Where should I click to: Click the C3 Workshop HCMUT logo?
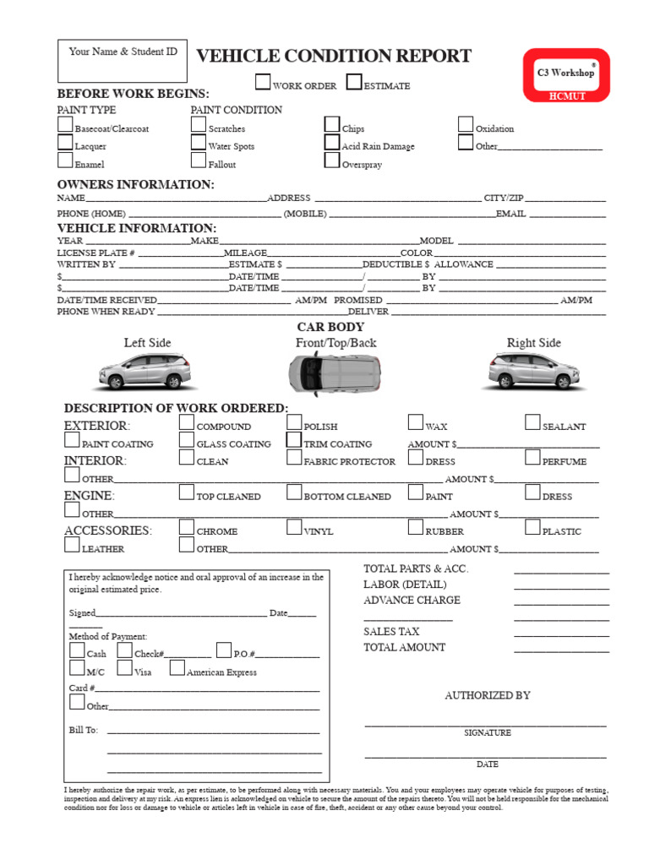coord(565,75)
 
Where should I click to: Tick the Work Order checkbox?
coord(264,82)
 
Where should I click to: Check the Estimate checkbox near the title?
coord(354,82)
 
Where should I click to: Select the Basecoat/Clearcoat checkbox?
coord(65,125)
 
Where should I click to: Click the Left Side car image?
coord(145,370)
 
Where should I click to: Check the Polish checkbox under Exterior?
coord(294,422)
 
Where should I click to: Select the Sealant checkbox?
coord(532,422)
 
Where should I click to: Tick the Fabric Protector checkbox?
coord(294,458)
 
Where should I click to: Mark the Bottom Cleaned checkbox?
coord(294,492)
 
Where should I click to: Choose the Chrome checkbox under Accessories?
coord(187,527)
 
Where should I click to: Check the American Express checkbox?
coord(177,668)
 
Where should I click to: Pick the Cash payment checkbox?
coord(77,650)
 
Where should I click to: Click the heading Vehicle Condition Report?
coord(334,57)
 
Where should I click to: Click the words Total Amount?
coord(404,648)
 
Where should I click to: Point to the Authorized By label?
coord(488,695)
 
